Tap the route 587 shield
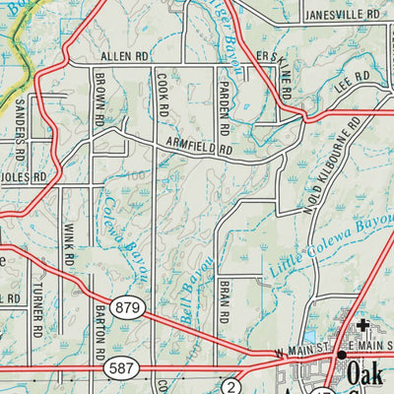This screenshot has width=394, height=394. click(118, 367)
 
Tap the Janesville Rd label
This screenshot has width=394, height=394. click(341, 16)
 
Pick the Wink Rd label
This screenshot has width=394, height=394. click(69, 251)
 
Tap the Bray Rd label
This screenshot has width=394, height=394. click(224, 301)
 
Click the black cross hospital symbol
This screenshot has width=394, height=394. click(362, 325)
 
